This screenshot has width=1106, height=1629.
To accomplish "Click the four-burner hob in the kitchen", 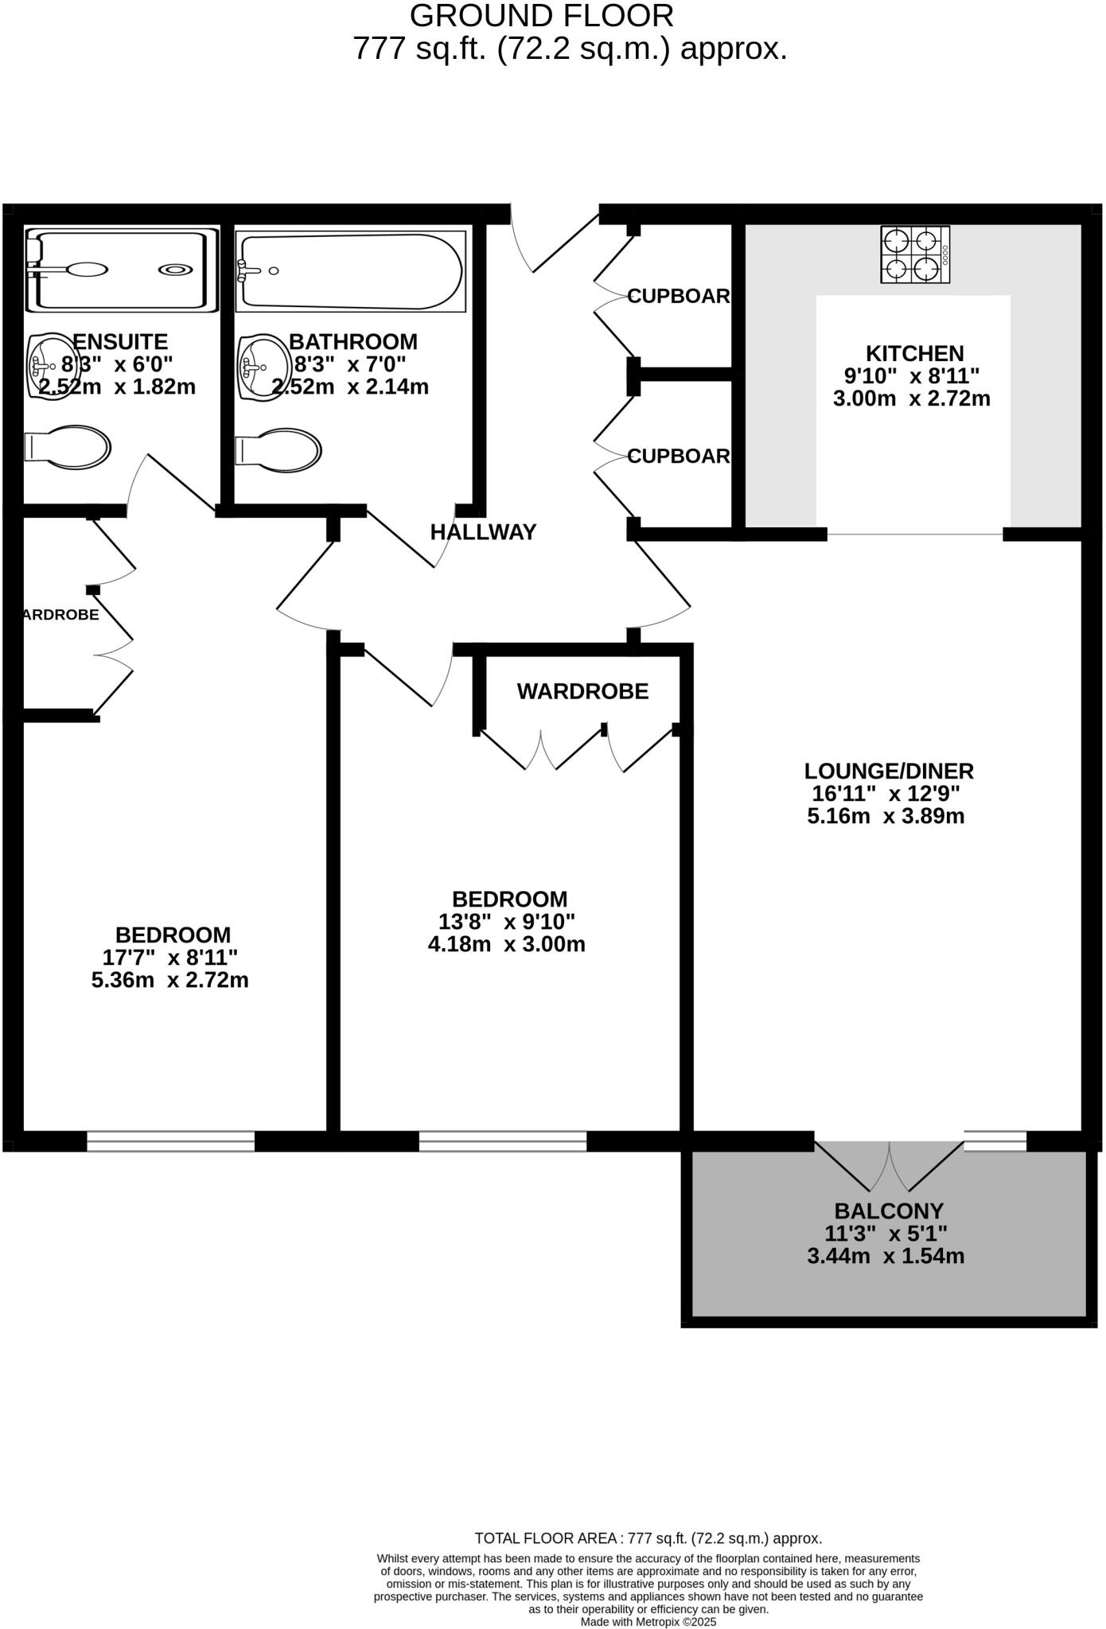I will pos(915,255).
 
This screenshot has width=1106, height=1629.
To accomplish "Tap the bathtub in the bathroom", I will pos(350,271).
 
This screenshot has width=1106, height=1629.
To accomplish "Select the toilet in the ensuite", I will pos(68,445).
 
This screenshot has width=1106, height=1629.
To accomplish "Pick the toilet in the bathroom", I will pos(278,451).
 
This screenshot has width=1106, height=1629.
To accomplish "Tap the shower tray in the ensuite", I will pos(121,270).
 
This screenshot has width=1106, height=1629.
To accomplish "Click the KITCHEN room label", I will pos(914,353).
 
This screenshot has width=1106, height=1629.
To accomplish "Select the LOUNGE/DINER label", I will pos(889,771).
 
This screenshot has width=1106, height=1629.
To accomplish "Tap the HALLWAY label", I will pos(484,532).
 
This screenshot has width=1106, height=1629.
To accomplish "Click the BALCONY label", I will pos(888,1211).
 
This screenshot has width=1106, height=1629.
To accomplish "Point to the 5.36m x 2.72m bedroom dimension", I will pos(170,980).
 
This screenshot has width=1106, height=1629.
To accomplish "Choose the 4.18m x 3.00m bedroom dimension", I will pos(506,944).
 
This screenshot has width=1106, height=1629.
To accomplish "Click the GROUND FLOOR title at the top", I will pos(542,16).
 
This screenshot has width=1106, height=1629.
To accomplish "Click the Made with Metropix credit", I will pos(648,1621).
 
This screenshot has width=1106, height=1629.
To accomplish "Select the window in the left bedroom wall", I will pos(170,1141).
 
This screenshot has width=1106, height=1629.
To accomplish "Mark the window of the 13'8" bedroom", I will pos(503,1141).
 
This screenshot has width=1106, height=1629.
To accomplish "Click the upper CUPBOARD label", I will pos(679,296).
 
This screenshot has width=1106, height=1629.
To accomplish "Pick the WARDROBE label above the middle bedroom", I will pos(582,691).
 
